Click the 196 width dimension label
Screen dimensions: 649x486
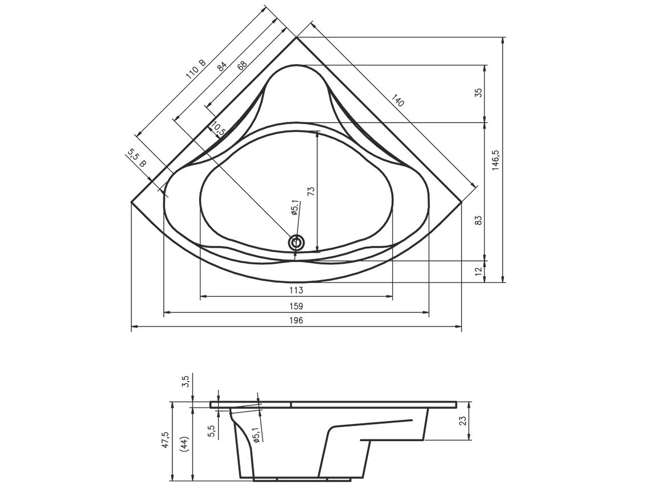click(297, 320)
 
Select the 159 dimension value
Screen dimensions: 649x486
click(297, 306)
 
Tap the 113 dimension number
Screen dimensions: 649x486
click(297, 290)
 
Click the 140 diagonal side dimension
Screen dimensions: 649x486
click(397, 101)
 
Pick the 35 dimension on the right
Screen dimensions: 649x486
click(478, 93)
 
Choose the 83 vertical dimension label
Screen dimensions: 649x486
click(478, 221)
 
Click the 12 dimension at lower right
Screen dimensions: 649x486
click(478, 272)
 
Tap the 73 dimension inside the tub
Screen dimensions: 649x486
click(311, 190)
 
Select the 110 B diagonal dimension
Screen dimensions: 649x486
click(195, 69)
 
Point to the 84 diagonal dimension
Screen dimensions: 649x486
click(223, 66)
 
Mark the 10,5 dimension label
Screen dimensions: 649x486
click(217, 128)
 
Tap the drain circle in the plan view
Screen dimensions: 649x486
click(297, 243)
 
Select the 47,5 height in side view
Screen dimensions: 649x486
click(165, 441)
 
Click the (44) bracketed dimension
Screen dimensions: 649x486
click(184, 445)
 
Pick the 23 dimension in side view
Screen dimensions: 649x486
click(463, 421)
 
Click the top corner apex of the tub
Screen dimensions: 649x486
click(297, 37)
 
